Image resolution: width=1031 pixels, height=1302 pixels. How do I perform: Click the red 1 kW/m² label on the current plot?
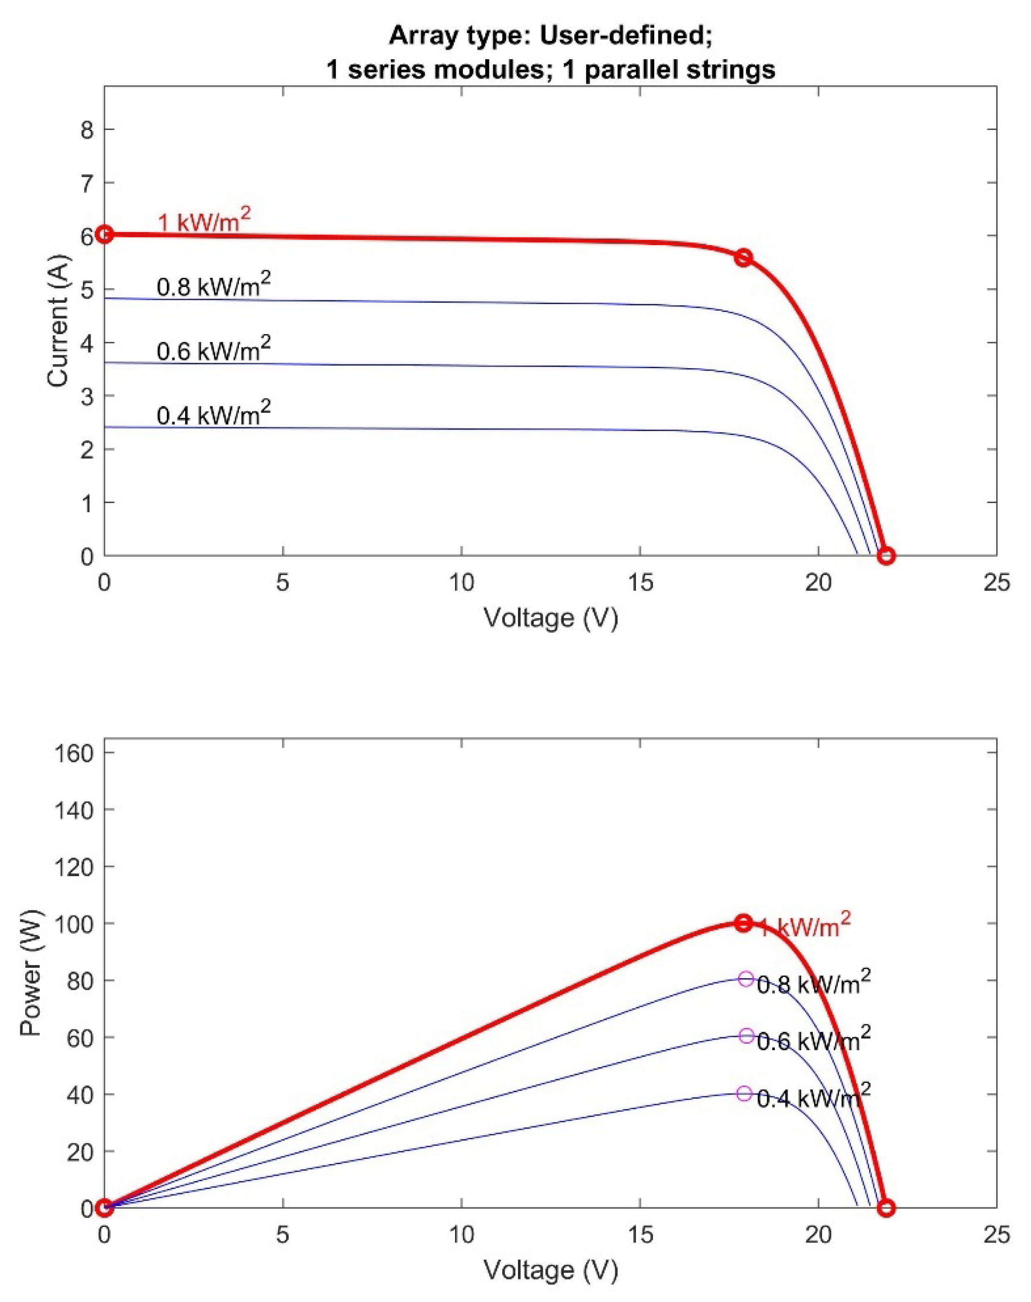[204, 223]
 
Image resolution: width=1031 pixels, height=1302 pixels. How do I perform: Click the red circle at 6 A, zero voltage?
[105, 234]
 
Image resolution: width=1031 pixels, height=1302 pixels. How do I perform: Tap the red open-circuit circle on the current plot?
[886, 555]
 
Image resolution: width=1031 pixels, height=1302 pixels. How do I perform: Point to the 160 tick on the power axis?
[76, 753]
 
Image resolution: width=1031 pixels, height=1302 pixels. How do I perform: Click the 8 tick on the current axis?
[84, 130]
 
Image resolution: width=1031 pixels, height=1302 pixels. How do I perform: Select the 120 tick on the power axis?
[76, 867]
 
